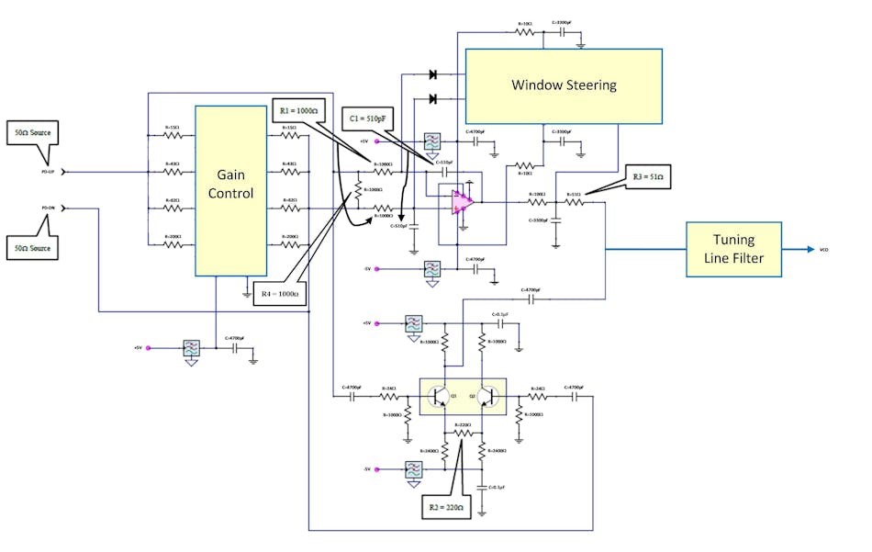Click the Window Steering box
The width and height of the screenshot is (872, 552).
(564, 85)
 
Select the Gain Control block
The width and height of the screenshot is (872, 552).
(230, 190)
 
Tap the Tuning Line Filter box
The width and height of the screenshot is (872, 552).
(733, 250)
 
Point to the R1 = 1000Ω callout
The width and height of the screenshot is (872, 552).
(299, 110)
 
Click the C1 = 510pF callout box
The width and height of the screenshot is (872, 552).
(371, 118)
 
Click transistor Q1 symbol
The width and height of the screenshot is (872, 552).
(442, 397)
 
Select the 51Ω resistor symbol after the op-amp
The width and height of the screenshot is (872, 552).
(575, 202)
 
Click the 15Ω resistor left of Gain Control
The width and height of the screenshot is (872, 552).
(173, 135)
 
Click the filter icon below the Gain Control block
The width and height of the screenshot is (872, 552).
(191, 349)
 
